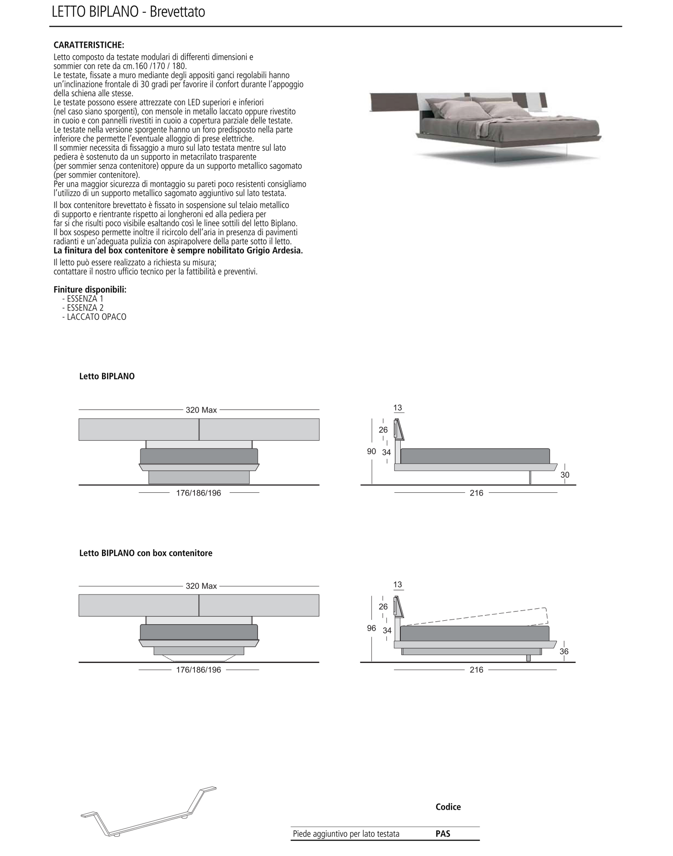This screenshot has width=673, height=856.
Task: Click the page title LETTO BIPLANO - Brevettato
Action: coord(128,12)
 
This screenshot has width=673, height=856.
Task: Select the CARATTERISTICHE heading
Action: coord(89,45)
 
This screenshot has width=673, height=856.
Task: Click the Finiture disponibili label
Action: coord(90,290)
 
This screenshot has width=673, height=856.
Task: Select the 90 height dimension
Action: coord(371,451)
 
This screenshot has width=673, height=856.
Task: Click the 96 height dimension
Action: coord(371,628)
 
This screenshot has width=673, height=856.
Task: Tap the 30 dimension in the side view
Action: coord(565,475)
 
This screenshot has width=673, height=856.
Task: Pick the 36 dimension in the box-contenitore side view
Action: coord(564,651)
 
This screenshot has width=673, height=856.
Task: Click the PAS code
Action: coord(443,834)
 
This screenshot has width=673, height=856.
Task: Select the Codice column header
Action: coord(448,807)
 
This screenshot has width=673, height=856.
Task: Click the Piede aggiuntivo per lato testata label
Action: coord(346,834)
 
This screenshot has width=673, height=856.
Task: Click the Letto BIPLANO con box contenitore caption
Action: coord(146,553)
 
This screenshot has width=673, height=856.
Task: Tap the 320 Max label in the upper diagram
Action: coord(201,410)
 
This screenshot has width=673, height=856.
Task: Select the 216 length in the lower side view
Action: coord(476,670)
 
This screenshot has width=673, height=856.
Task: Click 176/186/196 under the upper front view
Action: coord(198,493)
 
